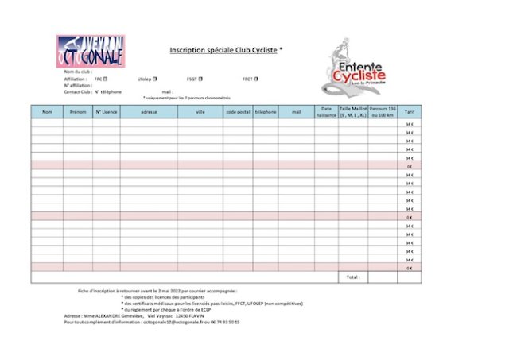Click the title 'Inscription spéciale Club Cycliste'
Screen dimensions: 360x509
click(223, 49)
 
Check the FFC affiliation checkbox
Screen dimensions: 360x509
click(106, 79)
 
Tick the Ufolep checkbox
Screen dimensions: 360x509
click(155, 79)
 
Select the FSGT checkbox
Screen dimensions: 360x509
click(201, 79)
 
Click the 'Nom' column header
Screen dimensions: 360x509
click(47, 112)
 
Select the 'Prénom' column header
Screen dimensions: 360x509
click(78, 112)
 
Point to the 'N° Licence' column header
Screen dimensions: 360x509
click(107, 112)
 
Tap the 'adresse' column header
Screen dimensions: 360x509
click(149, 112)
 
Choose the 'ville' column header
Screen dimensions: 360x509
click(200, 112)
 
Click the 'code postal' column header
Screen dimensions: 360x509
click(238, 112)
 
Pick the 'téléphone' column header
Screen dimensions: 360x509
click(265, 112)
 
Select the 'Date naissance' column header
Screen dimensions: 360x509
click(326, 112)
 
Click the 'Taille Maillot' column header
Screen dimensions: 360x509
click(353, 112)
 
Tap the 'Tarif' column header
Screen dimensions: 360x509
click(409, 112)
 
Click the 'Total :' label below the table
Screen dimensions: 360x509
click(352, 277)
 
